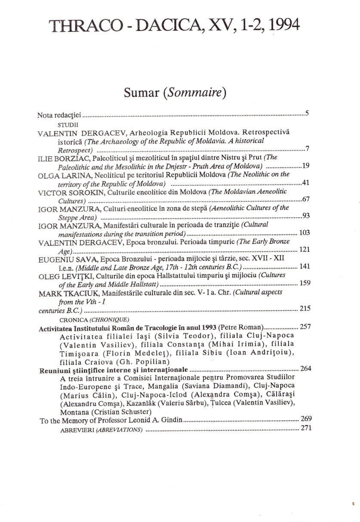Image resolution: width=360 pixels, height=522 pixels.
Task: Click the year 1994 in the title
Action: tap(281, 25)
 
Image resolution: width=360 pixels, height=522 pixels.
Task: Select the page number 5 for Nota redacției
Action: tap(307, 114)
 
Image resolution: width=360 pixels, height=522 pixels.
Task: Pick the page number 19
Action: tap(306, 165)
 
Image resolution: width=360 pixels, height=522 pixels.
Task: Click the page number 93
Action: tap(306, 216)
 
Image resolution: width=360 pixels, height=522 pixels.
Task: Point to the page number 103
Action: tap(305, 233)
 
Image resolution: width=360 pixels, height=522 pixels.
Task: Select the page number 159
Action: tap(305, 283)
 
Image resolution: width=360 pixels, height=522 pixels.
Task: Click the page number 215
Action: tap(305, 309)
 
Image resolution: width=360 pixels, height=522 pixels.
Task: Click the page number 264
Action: tap(305, 368)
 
